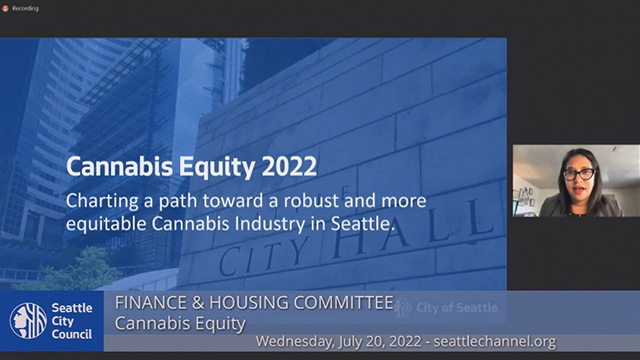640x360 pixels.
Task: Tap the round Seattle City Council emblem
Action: pyautogui.click(x=28, y=320)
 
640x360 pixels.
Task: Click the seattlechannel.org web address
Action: pyautogui.click(x=524, y=342)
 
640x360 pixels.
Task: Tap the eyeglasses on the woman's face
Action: pyautogui.click(x=577, y=174)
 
